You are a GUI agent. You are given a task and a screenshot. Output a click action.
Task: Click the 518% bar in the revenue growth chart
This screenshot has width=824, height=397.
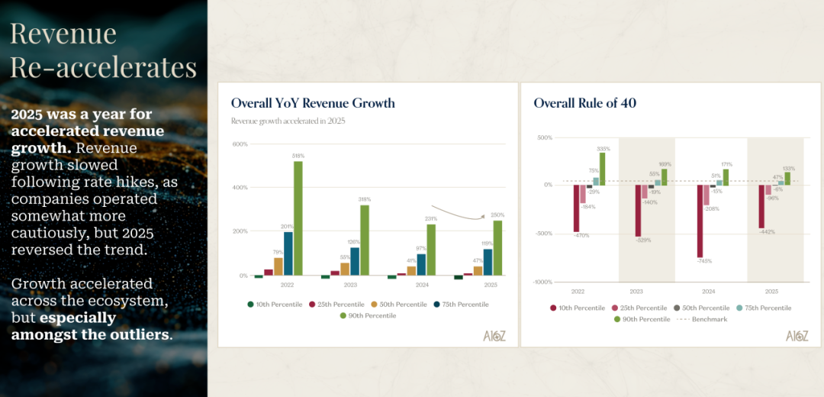coord(298,218)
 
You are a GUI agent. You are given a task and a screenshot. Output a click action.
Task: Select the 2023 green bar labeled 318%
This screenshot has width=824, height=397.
coord(364,240)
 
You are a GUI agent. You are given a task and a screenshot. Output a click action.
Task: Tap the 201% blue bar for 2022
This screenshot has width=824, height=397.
coord(288,253)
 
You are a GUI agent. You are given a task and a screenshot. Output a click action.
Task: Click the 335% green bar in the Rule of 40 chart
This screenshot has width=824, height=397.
coord(602,169)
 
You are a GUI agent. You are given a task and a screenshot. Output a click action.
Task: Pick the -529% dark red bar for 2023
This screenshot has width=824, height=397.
coord(638,211)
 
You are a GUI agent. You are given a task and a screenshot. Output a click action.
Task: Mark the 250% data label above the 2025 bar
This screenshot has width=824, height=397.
coord(498,215)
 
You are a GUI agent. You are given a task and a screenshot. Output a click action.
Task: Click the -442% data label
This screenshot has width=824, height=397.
coord(768,232)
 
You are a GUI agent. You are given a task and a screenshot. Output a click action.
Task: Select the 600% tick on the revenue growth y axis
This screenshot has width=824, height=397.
coord(240,144)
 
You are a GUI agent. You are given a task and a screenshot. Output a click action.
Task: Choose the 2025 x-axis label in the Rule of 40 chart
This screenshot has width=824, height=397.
coord(771,292)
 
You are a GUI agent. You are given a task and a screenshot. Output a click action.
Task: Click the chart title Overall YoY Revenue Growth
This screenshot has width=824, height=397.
coord(313,103)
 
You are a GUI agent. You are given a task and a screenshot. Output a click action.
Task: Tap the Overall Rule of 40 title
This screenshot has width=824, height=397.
coord(584,103)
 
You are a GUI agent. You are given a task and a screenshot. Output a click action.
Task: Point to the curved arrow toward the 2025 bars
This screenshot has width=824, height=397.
coord(458,213)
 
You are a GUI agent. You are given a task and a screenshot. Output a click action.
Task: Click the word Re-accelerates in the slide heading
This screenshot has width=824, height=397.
coord(104,66)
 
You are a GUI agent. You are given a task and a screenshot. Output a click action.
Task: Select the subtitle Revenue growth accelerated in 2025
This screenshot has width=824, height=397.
coord(289,121)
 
